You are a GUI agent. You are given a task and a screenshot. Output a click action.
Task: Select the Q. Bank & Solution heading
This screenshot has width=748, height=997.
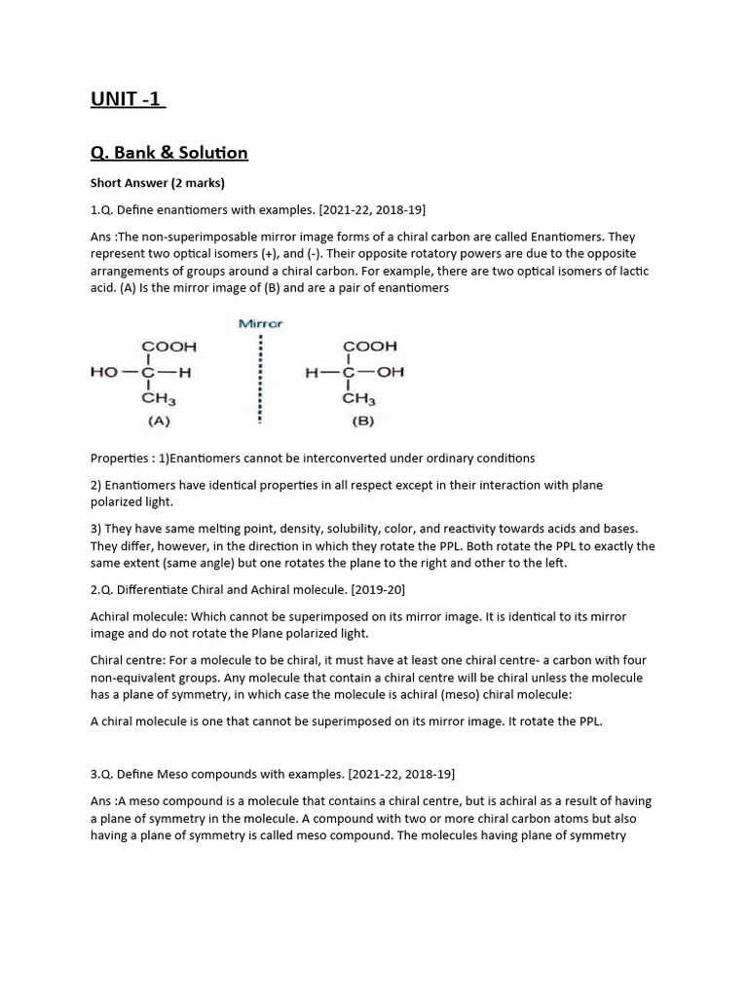(x=168, y=153)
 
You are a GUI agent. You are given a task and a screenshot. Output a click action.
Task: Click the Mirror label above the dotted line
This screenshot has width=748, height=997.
(x=260, y=323)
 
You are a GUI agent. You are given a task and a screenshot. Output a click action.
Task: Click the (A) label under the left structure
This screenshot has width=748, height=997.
(x=159, y=422)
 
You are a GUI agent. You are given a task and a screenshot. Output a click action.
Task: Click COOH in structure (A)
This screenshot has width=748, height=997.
(x=169, y=347)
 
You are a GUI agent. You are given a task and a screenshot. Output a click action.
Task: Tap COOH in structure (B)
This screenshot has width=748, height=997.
(x=369, y=347)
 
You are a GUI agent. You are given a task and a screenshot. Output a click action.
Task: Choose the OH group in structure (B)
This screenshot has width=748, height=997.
(x=393, y=372)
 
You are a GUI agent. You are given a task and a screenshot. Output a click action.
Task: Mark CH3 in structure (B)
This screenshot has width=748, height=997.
(x=358, y=398)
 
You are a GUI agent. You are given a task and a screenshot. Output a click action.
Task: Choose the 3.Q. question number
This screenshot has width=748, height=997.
(x=101, y=774)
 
